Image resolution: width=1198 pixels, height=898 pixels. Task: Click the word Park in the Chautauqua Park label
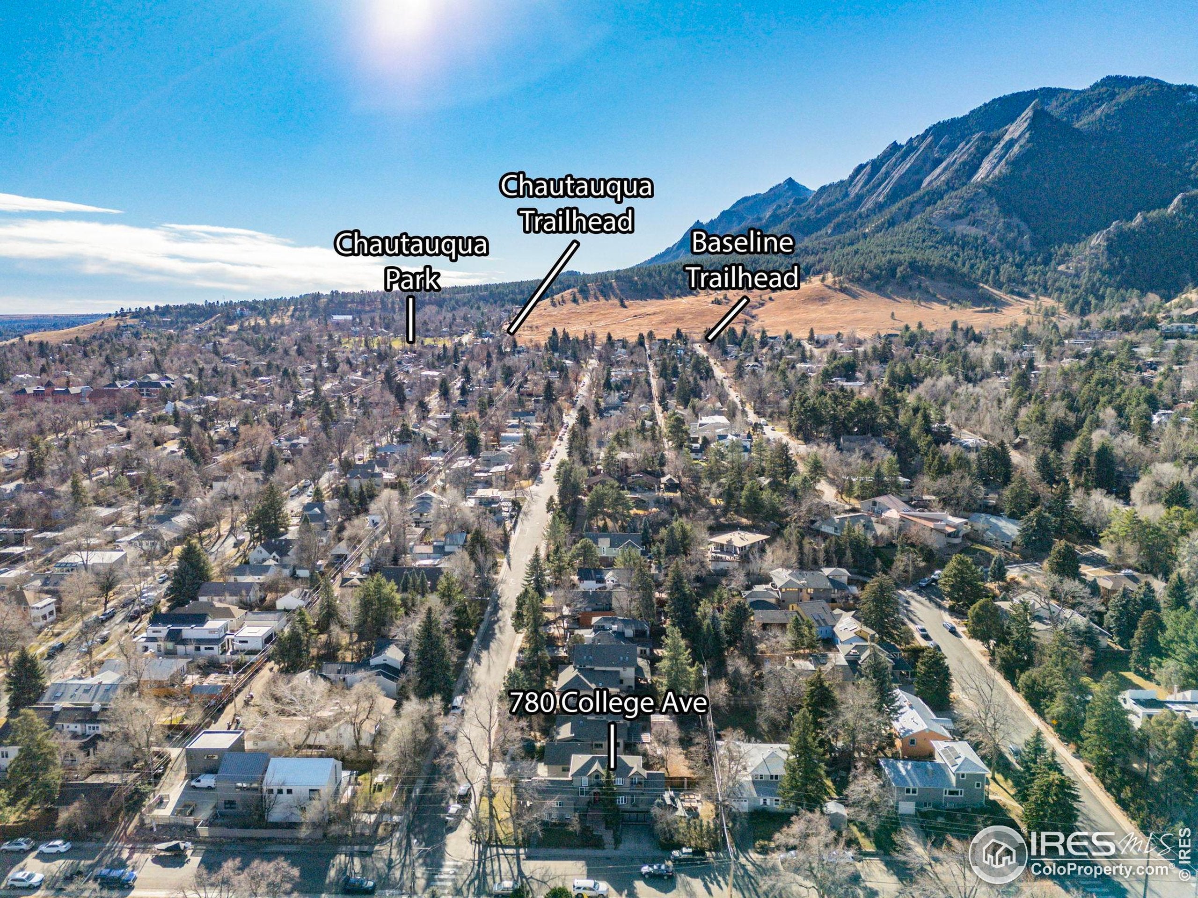(412, 279)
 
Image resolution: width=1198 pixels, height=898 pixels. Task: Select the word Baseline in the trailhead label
(742, 243)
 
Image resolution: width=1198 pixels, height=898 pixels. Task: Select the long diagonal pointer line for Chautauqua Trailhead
(543, 287)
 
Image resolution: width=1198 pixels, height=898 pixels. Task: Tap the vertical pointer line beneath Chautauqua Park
(411, 319)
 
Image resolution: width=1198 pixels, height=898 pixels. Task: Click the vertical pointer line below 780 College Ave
(612, 746)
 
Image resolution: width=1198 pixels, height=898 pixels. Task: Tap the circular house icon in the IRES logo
(998, 855)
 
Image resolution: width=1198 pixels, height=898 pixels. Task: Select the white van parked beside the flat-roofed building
(204, 781)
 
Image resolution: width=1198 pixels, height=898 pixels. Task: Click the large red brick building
(51, 394)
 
